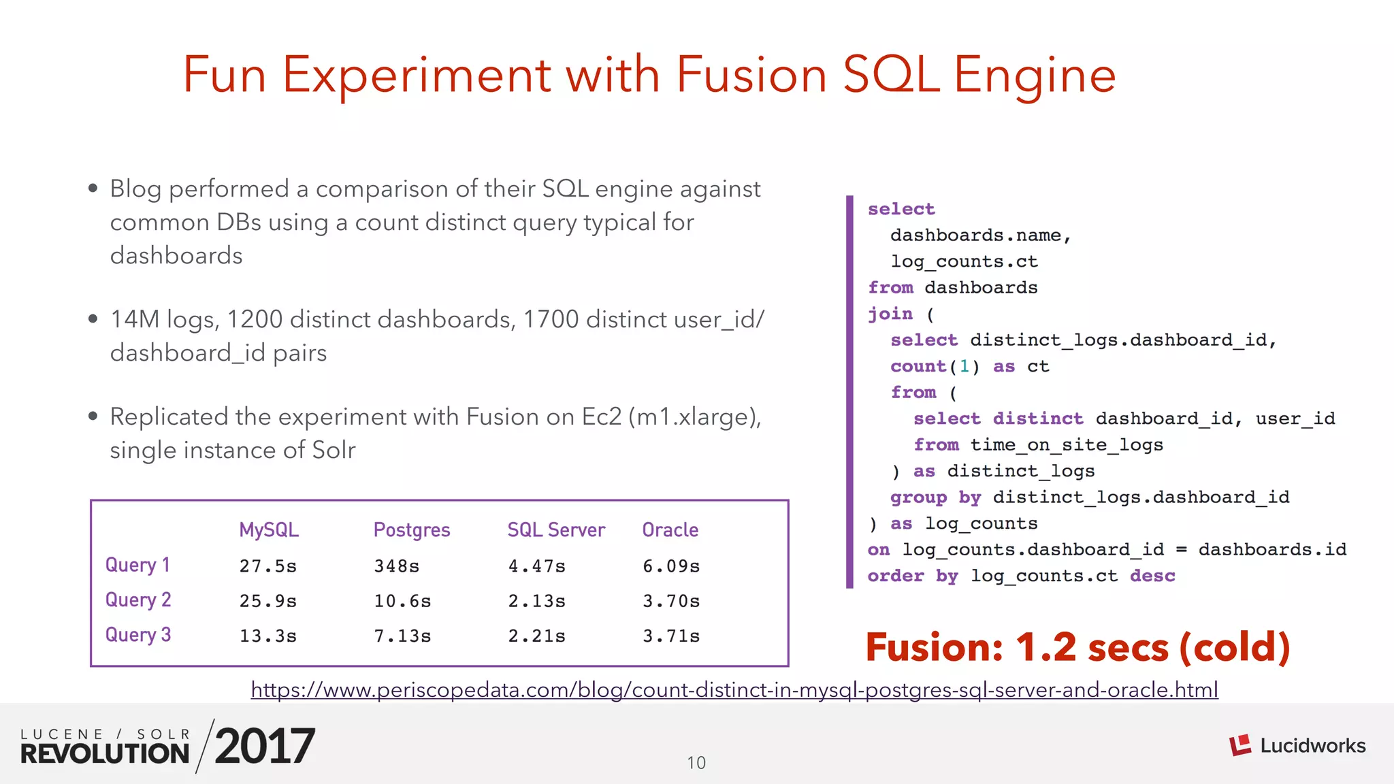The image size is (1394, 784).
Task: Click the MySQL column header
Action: (269, 530)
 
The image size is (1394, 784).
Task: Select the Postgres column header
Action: (412, 530)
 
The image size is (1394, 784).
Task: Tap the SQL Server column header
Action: (556, 530)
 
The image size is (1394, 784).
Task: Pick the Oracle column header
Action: (670, 530)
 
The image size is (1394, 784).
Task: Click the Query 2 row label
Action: (138, 600)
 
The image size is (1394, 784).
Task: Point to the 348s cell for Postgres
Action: (396, 566)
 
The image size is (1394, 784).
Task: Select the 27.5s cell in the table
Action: (268, 566)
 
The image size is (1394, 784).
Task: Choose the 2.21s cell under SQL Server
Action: (536, 636)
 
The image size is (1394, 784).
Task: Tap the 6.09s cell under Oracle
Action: (671, 566)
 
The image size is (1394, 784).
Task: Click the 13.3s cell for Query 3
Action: (268, 636)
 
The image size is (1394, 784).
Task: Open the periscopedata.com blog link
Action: (734, 690)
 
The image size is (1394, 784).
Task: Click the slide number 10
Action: (696, 763)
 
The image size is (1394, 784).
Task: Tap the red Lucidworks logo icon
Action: (1240, 745)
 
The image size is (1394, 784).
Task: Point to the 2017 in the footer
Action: (265, 746)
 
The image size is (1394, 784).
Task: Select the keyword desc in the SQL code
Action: (1152, 576)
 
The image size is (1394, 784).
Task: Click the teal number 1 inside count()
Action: (964, 367)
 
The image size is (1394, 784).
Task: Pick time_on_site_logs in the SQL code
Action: (1067, 445)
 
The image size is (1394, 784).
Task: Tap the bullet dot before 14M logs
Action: (93, 318)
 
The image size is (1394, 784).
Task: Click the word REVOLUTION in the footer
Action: (105, 753)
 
